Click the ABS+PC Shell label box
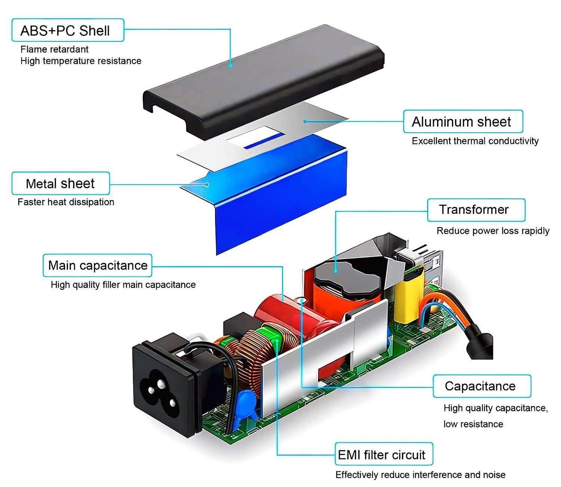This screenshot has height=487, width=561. [67, 30]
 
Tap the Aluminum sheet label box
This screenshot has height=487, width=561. [463, 121]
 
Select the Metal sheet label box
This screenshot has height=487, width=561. [61, 184]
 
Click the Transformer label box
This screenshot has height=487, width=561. [476, 210]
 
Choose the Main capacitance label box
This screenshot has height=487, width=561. [98, 265]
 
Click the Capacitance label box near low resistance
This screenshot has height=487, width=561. [482, 386]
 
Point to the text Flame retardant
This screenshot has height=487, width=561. [55, 49]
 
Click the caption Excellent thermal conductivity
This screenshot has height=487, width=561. [475, 141]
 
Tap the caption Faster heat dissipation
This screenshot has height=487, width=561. [66, 202]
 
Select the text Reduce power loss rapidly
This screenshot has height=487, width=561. [493, 231]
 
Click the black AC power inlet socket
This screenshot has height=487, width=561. [165, 385]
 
